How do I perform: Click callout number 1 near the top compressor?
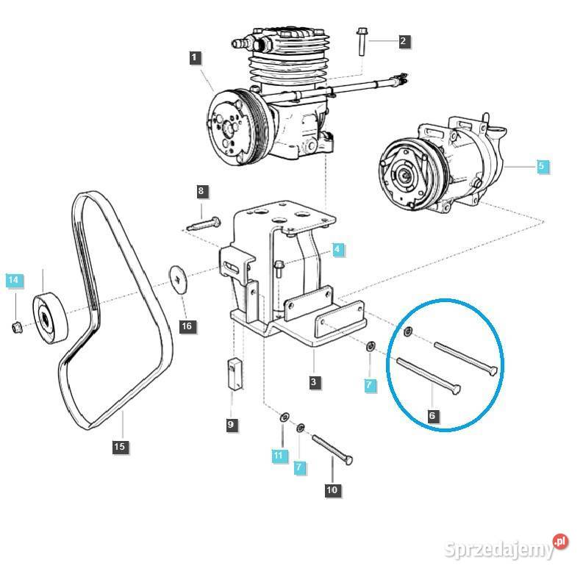pos(194,57)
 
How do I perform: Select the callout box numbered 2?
pos(403,41)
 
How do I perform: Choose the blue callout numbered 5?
pos(541,166)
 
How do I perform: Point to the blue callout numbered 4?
pos(337,250)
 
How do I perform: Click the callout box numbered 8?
pos(201,192)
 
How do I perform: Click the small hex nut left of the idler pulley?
pos(16,326)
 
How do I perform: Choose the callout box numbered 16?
pos(188,326)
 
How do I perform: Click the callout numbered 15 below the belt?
pos(120,446)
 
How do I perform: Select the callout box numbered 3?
pos(314,381)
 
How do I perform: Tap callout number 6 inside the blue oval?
pos(432,415)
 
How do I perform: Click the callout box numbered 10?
pos(332,489)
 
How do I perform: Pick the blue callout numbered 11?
pos(278,456)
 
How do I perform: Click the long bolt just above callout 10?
pos(333,449)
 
